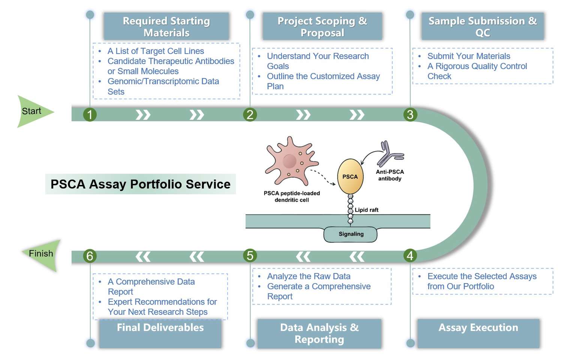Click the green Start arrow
[x=33, y=111]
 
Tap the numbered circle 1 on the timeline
[x=90, y=114]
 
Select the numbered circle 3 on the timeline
[x=410, y=114]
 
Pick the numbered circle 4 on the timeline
[x=410, y=255]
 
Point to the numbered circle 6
[x=90, y=256]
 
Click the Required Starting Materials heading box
[x=166, y=27]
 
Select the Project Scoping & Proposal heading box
[x=322, y=27]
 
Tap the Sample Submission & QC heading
[x=482, y=27]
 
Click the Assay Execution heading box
[x=478, y=333]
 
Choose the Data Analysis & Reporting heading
[x=319, y=333]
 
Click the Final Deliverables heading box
[x=160, y=333]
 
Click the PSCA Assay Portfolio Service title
[x=140, y=184]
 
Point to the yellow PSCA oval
[x=350, y=177]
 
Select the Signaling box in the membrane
[x=351, y=234]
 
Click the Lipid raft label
[x=366, y=210]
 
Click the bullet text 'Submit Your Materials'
[x=468, y=56]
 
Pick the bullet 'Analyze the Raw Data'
[x=309, y=276]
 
